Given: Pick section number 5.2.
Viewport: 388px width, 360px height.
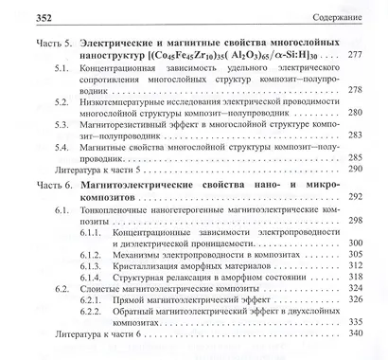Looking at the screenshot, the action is click(x=61, y=99).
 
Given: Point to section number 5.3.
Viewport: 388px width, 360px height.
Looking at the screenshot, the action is click(x=61, y=123).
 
